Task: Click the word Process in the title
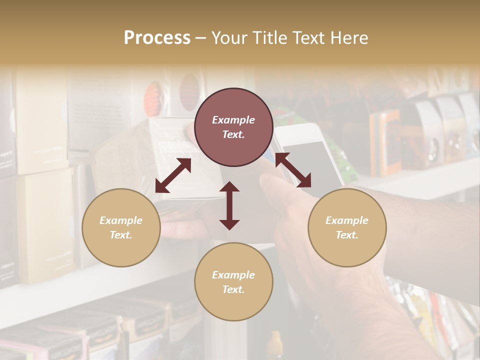(x=157, y=38)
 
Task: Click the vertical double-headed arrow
(x=229, y=205)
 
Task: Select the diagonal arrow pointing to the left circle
(x=173, y=175)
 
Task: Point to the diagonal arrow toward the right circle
(x=293, y=170)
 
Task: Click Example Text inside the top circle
(x=233, y=127)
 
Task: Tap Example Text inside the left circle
(x=121, y=227)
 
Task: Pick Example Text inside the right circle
(x=347, y=227)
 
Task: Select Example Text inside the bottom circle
(x=233, y=282)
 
